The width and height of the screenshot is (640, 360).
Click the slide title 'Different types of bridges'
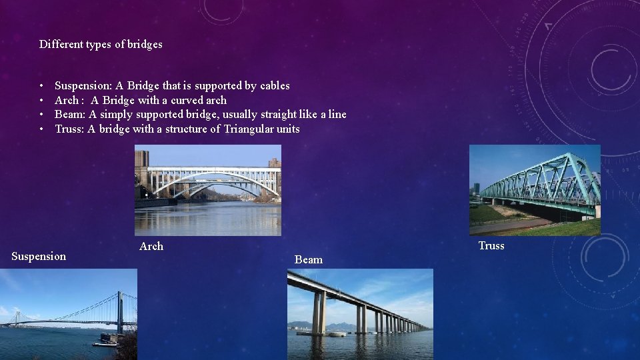point(101,45)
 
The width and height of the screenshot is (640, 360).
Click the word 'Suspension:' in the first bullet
point(83,86)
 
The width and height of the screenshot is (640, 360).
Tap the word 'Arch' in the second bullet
point(66,101)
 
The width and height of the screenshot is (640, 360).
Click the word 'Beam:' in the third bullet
point(70,115)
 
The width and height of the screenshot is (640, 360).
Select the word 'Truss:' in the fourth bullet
point(69,129)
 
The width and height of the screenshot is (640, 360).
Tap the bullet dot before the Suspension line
point(41,86)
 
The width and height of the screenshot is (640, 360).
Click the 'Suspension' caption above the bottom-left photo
point(39,257)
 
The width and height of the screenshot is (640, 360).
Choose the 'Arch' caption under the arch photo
point(151,247)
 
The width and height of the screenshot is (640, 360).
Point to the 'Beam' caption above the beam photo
point(309,260)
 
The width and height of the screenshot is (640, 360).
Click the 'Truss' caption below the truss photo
point(491,246)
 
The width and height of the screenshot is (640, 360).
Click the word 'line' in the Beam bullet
point(337,115)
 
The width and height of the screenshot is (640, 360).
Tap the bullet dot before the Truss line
point(41,129)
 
